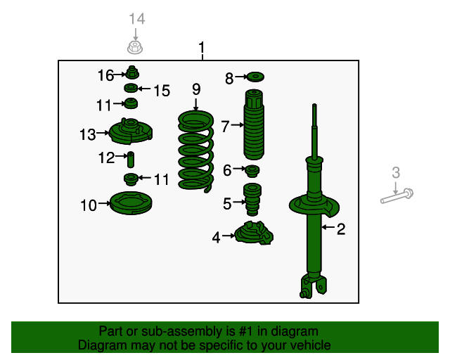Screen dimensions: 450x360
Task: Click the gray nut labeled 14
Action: pyautogui.click(x=135, y=47)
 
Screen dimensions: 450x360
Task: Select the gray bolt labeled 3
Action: pyautogui.click(x=397, y=196)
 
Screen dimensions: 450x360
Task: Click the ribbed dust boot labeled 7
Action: pyautogui.click(x=254, y=124)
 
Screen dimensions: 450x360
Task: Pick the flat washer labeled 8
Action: pyautogui.click(x=255, y=77)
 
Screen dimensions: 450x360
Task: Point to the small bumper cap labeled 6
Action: pyautogui.click(x=252, y=171)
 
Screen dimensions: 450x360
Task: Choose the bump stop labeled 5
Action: pyautogui.click(x=252, y=199)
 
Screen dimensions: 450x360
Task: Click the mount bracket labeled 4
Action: pyautogui.click(x=254, y=233)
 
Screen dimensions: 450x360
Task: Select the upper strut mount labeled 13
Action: pyautogui.click(x=131, y=131)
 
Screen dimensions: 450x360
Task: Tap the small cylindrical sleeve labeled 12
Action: pyautogui.click(x=131, y=160)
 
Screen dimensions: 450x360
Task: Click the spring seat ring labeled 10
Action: pyautogui.click(x=131, y=203)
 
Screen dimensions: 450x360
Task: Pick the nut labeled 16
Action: pyautogui.click(x=132, y=72)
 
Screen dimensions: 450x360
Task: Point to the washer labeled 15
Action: pyautogui.click(x=131, y=88)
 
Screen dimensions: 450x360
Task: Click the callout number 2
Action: pyautogui.click(x=341, y=229)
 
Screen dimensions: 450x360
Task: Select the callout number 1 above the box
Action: pyautogui.click(x=202, y=47)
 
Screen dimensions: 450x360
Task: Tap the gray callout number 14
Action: pyautogui.click(x=137, y=19)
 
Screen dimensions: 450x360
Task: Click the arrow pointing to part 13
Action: pyautogui.click(x=103, y=133)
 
